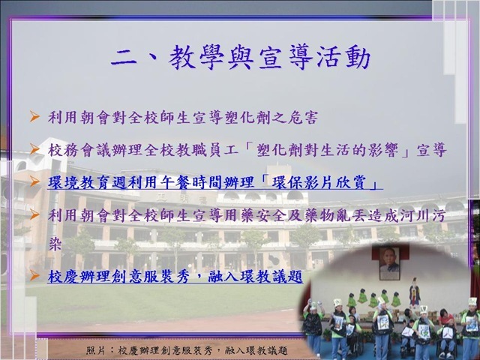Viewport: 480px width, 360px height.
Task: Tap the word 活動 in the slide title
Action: [x=343, y=58]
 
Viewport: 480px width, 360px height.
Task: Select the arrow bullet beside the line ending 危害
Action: [x=34, y=117]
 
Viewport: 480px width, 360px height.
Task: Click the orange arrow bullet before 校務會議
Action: [x=34, y=149]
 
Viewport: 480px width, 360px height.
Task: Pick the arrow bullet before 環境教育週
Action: [x=34, y=181]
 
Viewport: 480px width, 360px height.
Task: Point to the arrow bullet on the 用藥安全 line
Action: [x=34, y=214]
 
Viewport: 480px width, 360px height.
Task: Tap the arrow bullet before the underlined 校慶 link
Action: [x=34, y=276]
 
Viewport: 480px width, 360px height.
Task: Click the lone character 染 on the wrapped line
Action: [x=55, y=244]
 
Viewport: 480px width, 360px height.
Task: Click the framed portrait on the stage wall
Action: [x=389, y=263]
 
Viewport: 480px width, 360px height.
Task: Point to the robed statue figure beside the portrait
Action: [x=415, y=292]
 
